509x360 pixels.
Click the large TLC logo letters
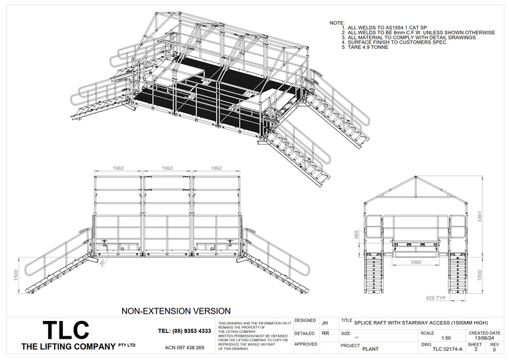[x=65, y=330]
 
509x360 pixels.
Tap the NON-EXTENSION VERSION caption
[x=176, y=310]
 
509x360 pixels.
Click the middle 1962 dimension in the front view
[x=168, y=168]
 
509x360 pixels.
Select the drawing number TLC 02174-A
[x=447, y=349]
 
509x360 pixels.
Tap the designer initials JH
[x=324, y=323]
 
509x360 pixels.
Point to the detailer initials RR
[x=325, y=334]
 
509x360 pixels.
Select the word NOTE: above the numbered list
[x=337, y=23]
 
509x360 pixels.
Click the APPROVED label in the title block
[x=306, y=343]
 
